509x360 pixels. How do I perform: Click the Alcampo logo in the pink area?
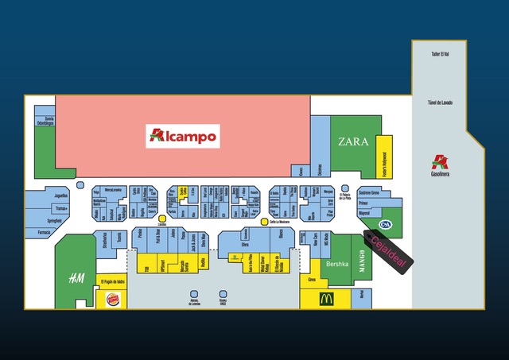click(x=183, y=136)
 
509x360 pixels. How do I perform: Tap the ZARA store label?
click(x=353, y=142)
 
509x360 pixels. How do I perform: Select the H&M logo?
click(x=76, y=277)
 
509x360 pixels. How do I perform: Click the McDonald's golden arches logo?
click(x=326, y=300)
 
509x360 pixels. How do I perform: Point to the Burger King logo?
click(x=113, y=300)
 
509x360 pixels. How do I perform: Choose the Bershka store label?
click(x=338, y=263)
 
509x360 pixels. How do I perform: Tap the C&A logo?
click(x=385, y=224)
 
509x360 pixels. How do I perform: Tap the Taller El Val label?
click(x=441, y=54)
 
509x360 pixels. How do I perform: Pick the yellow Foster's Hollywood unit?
click(x=384, y=157)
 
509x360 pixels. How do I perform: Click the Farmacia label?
click(x=43, y=233)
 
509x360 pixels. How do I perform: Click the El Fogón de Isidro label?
click(x=113, y=281)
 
